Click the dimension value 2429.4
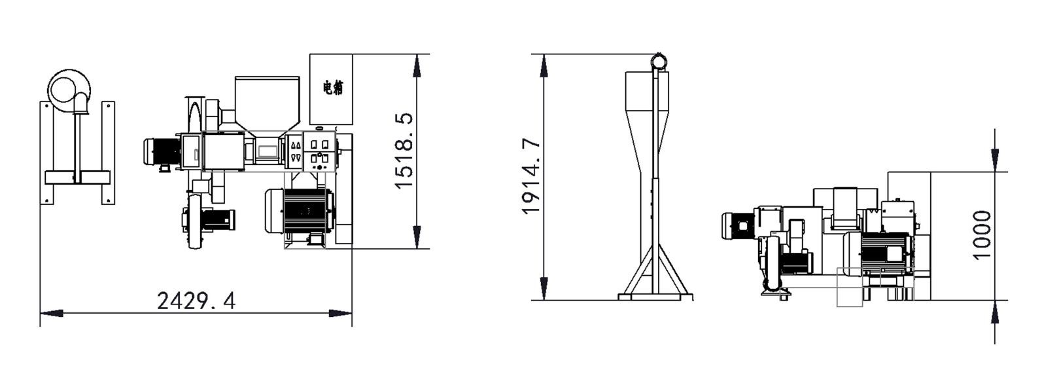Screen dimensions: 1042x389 coord(196,301)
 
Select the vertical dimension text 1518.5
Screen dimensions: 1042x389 coord(404,151)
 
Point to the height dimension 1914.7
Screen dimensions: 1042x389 coord(530,176)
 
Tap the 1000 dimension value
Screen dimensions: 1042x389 coord(982,235)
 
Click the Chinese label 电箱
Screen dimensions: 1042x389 coord(333,87)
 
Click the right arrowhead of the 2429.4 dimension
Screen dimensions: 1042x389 coord(340,313)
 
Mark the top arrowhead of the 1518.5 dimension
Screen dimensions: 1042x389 coord(417,65)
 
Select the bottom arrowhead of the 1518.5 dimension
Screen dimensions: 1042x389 coord(417,237)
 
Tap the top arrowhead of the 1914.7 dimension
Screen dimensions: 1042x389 coord(544,65)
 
